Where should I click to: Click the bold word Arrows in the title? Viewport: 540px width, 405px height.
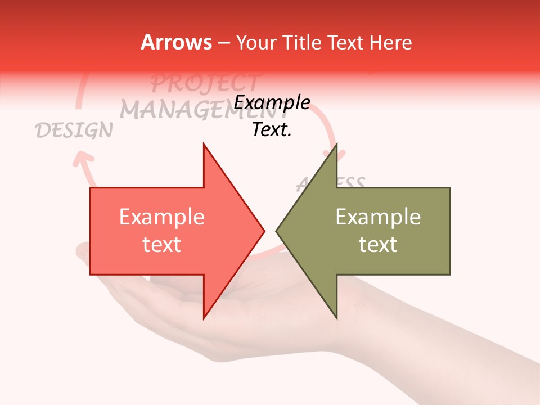pos(177,42)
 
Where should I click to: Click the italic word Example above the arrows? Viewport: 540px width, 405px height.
pos(272,103)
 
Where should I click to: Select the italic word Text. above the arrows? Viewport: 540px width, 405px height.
pos(272,130)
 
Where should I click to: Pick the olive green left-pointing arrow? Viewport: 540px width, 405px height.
pos(371,231)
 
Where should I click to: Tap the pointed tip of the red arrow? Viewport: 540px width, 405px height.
pos(263,231)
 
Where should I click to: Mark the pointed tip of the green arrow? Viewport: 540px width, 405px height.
pos(278,231)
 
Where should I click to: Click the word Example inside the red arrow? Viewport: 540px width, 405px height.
pos(162,217)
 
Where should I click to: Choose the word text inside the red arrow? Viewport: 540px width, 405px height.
pos(162,245)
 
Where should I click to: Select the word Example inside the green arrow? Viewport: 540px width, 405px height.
pos(378,217)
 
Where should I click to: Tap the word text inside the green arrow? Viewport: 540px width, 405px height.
pos(378,245)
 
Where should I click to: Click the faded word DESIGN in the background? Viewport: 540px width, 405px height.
pos(74,130)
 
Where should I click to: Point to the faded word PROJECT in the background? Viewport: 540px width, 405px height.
pos(205,83)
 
